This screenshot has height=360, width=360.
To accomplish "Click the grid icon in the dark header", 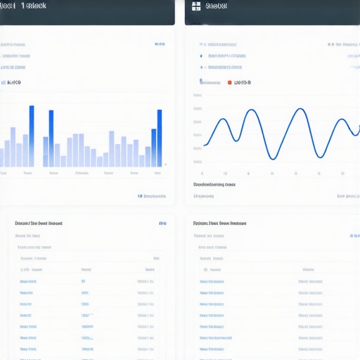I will click(x=196, y=6).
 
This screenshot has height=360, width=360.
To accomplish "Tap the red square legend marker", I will click(x=229, y=82).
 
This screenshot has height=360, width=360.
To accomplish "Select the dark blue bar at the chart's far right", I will click(x=160, y=138).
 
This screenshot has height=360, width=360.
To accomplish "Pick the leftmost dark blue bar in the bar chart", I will click(x=32, y=136).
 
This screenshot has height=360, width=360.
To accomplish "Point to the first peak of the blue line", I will click(x=224, y=120).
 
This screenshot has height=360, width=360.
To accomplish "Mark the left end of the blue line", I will click(x=204, y=146).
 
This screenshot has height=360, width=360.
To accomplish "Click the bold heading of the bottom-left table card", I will click(x=38, y=223).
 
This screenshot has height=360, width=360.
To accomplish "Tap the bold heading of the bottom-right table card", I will click(x=219, y=223).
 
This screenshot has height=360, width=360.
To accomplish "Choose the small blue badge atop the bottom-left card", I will click(x=162, y=224).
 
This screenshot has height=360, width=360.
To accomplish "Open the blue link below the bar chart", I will click(x=151, y=197).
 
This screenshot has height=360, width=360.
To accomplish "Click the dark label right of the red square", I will click(x=243, y=82).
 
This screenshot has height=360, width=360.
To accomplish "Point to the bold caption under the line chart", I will click(x=214, y=184).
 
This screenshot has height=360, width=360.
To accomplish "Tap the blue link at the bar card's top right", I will click(x=160, y=44).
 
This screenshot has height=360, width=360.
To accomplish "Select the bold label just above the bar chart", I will click(x=13, y=82).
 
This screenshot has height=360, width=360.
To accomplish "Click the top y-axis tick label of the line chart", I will click(x=197, y=110).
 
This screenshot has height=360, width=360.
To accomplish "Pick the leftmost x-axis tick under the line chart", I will click(x=202, y=173).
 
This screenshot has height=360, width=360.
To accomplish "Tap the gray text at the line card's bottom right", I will click(x=347, y=197).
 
